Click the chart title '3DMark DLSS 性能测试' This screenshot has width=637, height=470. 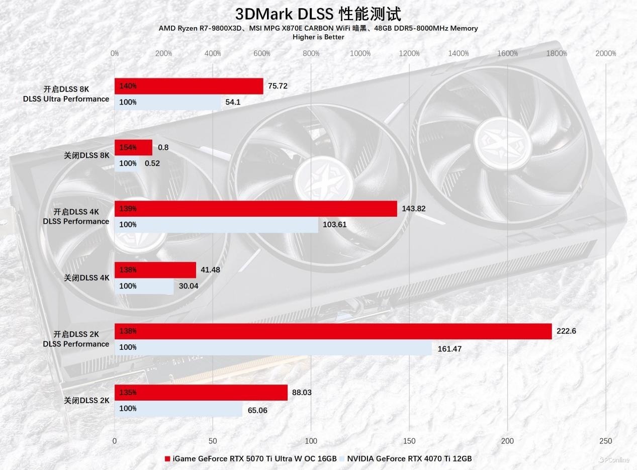(x=318, y=14)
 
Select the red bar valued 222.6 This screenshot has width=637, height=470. (x=333, y=331)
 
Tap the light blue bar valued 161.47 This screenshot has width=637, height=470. (x=273, y=347)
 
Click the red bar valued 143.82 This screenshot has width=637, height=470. (x=255, y=209)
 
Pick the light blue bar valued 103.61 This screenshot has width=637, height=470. (x=216, y=225)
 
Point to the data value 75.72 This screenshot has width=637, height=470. (x=278, y=86)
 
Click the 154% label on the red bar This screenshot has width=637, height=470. (x=128, y=147)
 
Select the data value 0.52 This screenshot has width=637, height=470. (x=152, y=163)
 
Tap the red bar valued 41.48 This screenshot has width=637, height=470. (x=155, y=270)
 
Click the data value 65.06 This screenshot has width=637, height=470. (x=257, y=410)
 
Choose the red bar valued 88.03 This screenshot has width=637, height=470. (x=201, y=393)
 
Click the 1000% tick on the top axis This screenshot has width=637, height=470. (x=360, y=53)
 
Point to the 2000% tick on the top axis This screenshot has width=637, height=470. (x=605, y=53)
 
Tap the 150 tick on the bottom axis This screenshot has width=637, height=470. (x=409, y=441)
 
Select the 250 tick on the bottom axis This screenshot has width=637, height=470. (x=605, y=441)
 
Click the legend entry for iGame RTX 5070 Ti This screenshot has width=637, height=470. (x=251, y=458)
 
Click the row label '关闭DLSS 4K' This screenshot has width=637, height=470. (x=86, y=278)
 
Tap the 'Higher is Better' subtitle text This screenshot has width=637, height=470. (x=318, y=37)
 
